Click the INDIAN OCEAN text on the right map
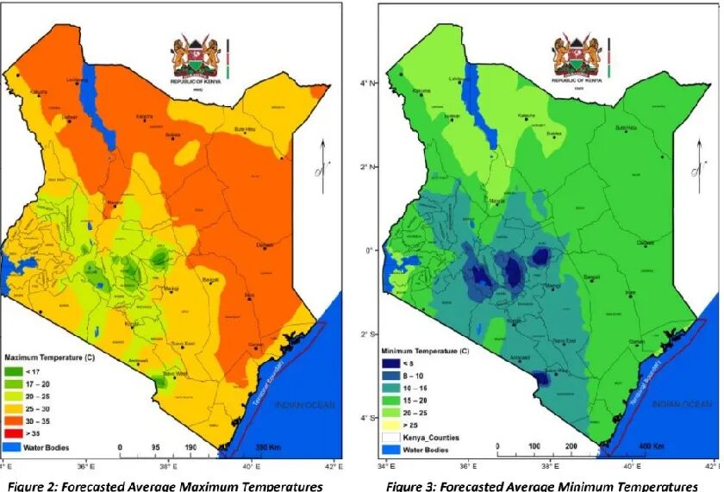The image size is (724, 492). point(674,403)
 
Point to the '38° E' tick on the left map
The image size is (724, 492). point(167,467)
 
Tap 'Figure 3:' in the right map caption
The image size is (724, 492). point(413,486)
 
